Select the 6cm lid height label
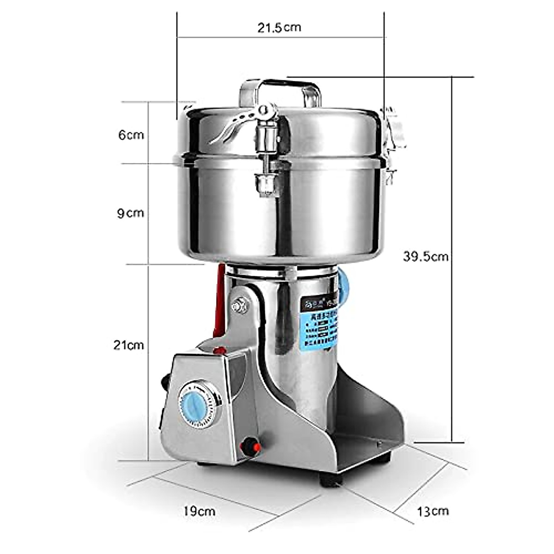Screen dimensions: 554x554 pyautogui.click(x=131, y=135)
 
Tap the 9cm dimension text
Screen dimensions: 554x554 pyautogui.click(x=130, y=213)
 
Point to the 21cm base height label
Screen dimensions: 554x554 pyautogui.click(x=129, y=345)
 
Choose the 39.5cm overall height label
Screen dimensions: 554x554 pyautogui.click(x=426, y=257)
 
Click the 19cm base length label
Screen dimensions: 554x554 pyautogui.click(x=199, y=512)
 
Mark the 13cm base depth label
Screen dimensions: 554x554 pyautogui.click(x=433, y=512)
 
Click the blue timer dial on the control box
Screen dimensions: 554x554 pyautogui.click(x=199, y=404)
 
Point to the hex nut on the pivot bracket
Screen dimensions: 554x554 pyautogui.click(x=240, y=305)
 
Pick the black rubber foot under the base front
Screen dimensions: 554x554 pyautogui.click(x=331, y=479)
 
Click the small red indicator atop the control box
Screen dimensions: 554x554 pyautogui.click(x=220, y=350)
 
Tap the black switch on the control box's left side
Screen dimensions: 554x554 pyautogui.click(x=164, y=381)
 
